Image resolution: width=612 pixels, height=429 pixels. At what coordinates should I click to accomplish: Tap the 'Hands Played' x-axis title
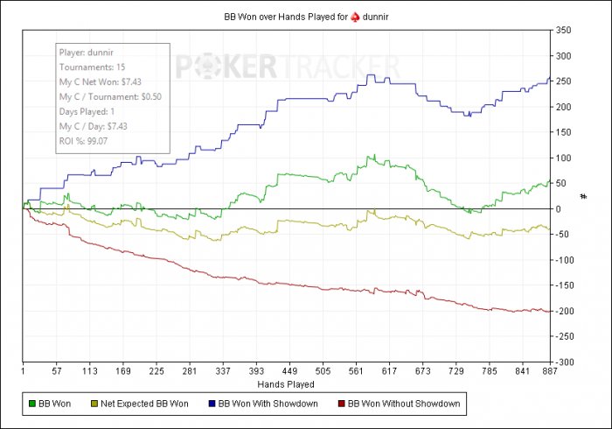pos(286,383)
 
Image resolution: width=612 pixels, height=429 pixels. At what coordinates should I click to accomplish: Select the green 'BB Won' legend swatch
pos(32,404)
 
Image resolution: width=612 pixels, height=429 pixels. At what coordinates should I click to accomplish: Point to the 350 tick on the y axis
pos(562,31)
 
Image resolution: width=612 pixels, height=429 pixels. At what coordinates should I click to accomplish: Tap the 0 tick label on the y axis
pos(557,209)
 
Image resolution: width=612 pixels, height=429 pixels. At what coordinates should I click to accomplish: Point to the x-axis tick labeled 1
pos(23,371)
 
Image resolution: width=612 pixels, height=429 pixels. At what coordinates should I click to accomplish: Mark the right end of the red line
pos(549,311)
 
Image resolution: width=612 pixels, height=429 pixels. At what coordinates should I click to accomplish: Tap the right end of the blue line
pos(549,79)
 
